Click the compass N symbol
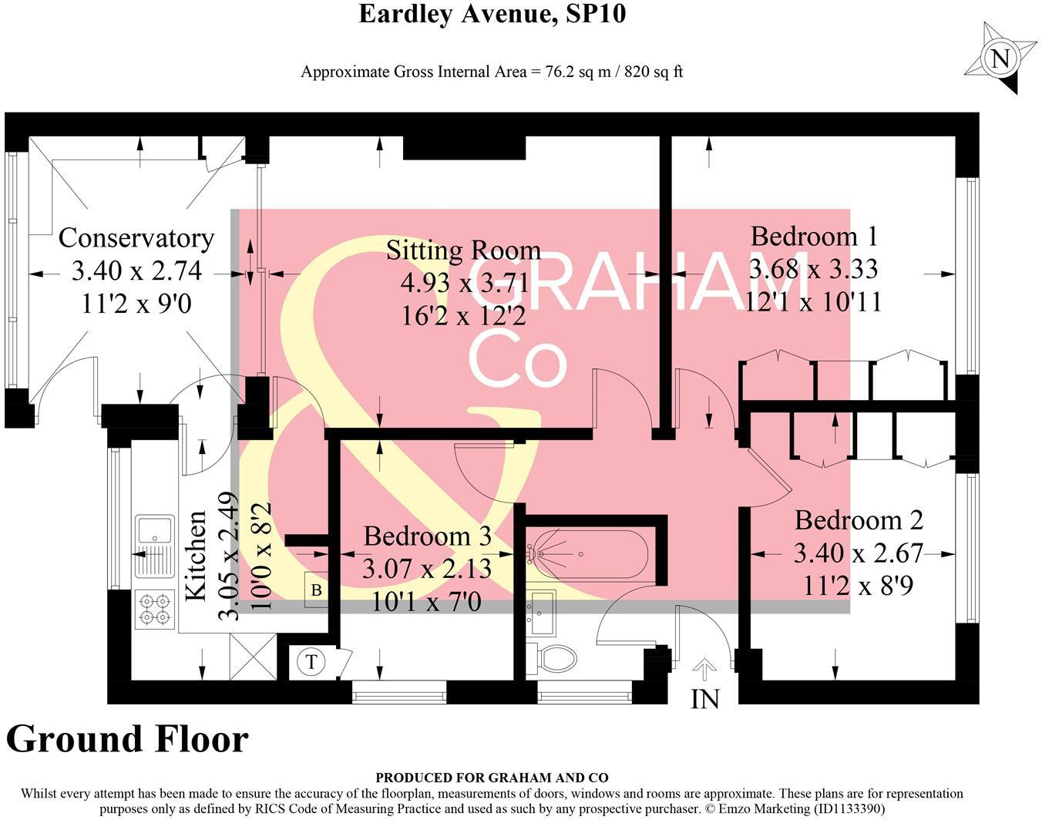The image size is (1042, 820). tap(1000, 59)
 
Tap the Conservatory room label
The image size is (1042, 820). tap(136, 238)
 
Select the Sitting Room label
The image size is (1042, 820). tap(462, 250)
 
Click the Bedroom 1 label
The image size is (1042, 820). tap(814, 236)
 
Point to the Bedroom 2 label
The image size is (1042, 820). tap(859, 520)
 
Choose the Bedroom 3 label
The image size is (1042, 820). tap(427, 536)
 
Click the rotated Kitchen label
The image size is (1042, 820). tap(197, 555)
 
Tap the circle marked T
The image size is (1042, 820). tap(311, 661)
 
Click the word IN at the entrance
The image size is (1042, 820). tap(704, 699)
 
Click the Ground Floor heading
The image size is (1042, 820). tap(127, 739)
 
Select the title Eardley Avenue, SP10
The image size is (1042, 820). tap(492, 14)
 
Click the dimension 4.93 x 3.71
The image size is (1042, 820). tap(464, 284)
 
